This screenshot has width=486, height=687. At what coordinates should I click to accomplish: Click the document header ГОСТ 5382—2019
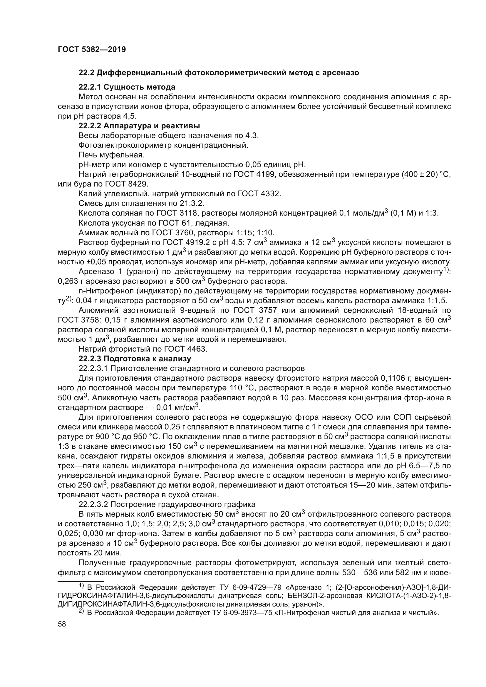click(92, 50)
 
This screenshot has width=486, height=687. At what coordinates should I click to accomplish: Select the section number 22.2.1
click(90, 87)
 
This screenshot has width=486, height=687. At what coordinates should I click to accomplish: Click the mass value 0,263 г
click(70, 282)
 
